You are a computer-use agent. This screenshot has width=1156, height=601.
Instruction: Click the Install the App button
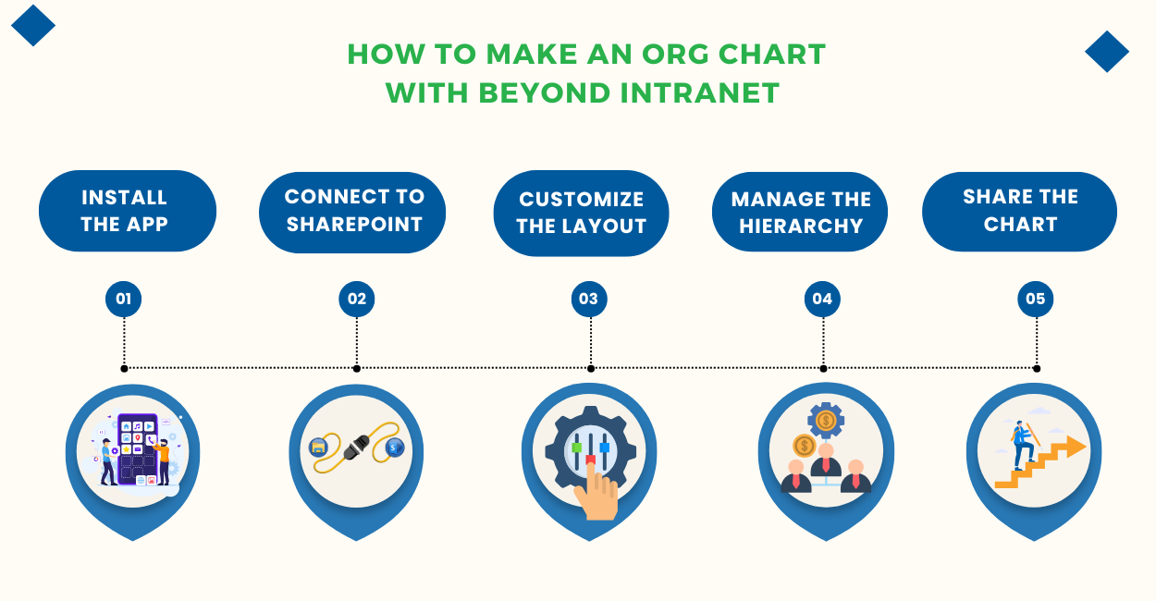tap(127, 211)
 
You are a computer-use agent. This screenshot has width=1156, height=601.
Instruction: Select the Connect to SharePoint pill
tap(352, 211)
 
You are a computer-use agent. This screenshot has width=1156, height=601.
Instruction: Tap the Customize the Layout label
tap(581, 213)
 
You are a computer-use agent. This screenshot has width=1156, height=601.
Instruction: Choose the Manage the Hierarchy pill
tap(800, 213)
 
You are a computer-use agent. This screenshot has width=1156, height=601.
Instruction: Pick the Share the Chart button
tap(1019, 211)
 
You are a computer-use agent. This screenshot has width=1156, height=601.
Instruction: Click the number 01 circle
tap(123, 299)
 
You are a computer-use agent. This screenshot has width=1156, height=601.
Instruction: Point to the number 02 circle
tap(357, 299)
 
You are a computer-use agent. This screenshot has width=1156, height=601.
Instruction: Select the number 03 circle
tap(589, 299)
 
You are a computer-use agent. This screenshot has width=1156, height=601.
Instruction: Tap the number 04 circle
tap(822, 299)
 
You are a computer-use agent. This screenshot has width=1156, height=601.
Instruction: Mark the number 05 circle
tap(1035, 299)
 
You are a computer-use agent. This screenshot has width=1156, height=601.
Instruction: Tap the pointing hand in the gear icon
tap(596, 495)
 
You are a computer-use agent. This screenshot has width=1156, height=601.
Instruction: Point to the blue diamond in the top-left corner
tap(33, 25)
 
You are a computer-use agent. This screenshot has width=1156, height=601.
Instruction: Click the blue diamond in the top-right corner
tap(1106, 52)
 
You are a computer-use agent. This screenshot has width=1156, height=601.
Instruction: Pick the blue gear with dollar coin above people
tap(826, 421)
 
